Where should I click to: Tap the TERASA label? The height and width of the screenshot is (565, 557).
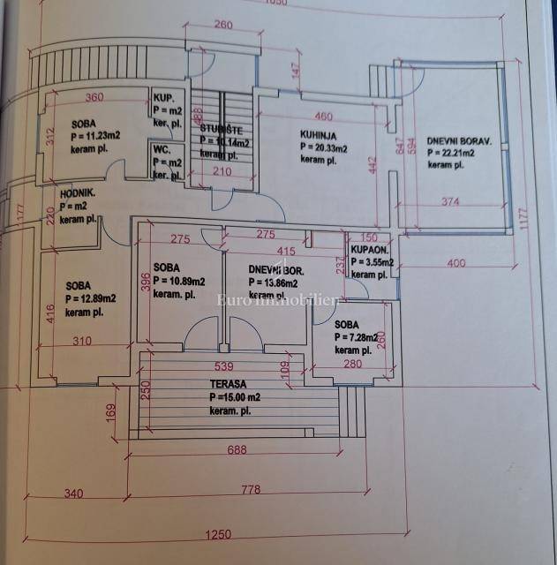pyautogui.click(x=229, y=385)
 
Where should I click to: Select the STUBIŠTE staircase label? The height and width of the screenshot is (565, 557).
pyautogui.click(x=222, y=129)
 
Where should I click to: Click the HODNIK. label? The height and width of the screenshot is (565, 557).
pyautogui.click(x=78, y=193)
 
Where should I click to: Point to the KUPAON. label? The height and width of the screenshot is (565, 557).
pyautogui.click(x=370, y=251)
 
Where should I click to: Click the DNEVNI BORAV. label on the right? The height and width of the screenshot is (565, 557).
pyautogui.click(x=459, y=139)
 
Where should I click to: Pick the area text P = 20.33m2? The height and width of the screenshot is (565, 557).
pyautogui.click(x=323, y=148)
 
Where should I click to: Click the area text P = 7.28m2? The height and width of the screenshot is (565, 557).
pyautogui.click(x=357, y=337)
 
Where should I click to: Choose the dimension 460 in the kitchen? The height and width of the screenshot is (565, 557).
pyautogui.click(x=324, y=116)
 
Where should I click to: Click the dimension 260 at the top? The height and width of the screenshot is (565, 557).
pyautogui.click(x=223, y=25)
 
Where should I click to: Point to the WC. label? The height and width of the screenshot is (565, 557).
pyautogui.click(x=162, y=149)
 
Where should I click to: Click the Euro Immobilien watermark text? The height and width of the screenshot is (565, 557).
pyautogui.click(x=278, y=301)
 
